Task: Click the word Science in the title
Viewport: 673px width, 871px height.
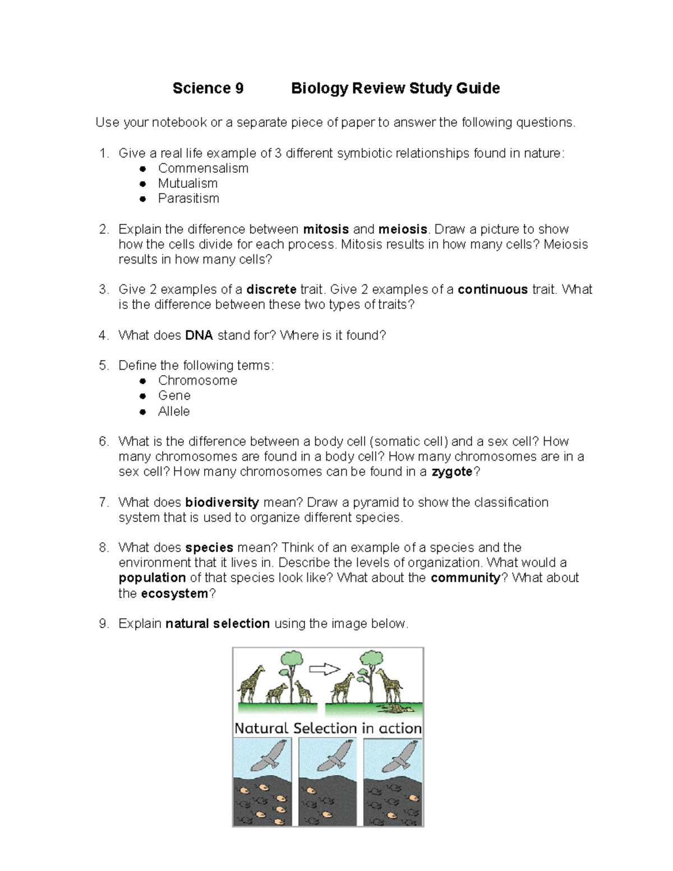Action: click(201, 88)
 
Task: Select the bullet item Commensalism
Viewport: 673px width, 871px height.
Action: click(203, 168)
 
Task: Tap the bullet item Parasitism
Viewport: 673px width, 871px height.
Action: click(188, 199)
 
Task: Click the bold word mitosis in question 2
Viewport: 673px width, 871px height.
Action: click(326, 229)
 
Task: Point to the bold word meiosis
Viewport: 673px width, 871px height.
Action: click(403, 229)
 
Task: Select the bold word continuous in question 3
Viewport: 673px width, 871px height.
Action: click(492, 289)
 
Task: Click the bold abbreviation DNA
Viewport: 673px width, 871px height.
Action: click(199, 335)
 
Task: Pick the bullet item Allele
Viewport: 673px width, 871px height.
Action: click(174, 411)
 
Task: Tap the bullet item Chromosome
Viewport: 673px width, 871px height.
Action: click(197, 381)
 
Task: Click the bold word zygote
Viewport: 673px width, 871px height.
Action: click(452, 472)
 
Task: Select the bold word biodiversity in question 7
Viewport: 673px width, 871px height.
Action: click(222, 503)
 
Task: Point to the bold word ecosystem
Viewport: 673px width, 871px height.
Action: click(174, 594)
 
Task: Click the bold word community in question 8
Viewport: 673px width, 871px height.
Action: click(465, 578)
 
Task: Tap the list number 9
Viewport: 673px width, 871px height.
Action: click(103, 624)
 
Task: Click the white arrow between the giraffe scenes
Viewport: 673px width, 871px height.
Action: click(325, 669)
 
